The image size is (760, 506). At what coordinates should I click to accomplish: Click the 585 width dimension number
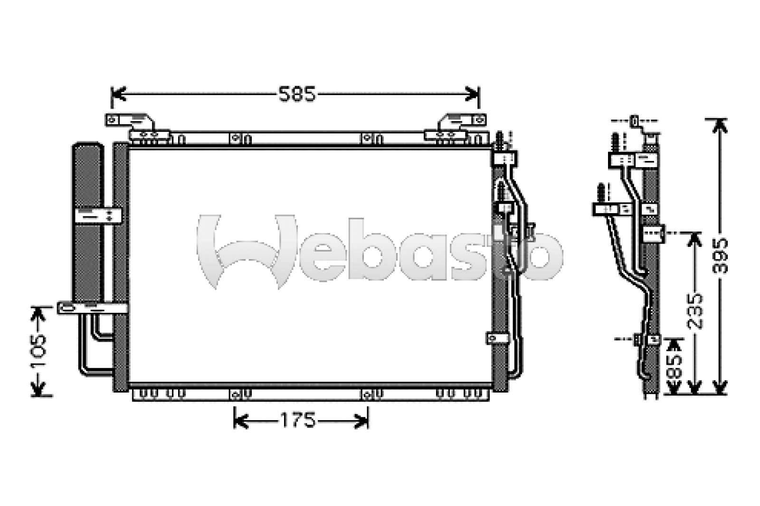click(x=297, y=94)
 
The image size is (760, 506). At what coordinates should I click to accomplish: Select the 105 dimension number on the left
click(x=38, y=351)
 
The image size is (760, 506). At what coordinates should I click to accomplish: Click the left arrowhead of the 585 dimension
click(x=119, y=94)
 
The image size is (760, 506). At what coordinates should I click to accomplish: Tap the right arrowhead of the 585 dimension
click(x=472, y=94)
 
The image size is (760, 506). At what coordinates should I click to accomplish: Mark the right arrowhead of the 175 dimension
click(x=361, y=421)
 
